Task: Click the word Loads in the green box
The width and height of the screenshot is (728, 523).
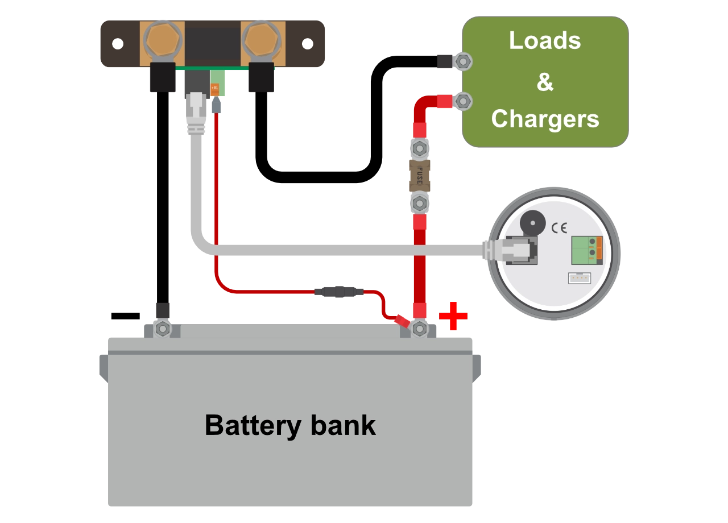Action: tap(545, 40)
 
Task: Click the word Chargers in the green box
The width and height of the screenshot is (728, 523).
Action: tap(545, 119)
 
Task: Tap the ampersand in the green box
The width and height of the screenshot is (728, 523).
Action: tap(545, 82)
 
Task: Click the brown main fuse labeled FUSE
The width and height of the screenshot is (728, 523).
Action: tap(420, 176)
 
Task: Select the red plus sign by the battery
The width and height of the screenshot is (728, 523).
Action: tap(453, 316)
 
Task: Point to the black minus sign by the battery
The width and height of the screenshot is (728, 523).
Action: tap(126, 316)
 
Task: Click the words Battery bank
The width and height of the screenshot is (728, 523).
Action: tap(290, 426)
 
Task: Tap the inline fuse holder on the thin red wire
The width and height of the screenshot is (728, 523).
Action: tap(339, 292)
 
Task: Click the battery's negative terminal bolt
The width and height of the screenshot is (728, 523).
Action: tap(163, 329)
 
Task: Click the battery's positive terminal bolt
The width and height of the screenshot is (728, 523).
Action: tap(420, 329)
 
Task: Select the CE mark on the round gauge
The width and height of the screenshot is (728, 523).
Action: tap(559, 228)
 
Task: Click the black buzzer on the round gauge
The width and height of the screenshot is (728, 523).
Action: tap(533, 223)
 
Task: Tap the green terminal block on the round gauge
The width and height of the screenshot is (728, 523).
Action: tap(587, 251)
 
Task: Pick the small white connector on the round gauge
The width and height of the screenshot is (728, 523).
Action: tap(580, 279)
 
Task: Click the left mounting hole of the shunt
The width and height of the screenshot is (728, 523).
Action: tap(118, 44)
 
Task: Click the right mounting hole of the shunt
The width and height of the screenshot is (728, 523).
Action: tap(308, 44)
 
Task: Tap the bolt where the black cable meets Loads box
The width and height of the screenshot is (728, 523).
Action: tap(463, 61)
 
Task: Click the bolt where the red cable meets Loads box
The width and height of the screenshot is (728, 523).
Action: tap(463, 101)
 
